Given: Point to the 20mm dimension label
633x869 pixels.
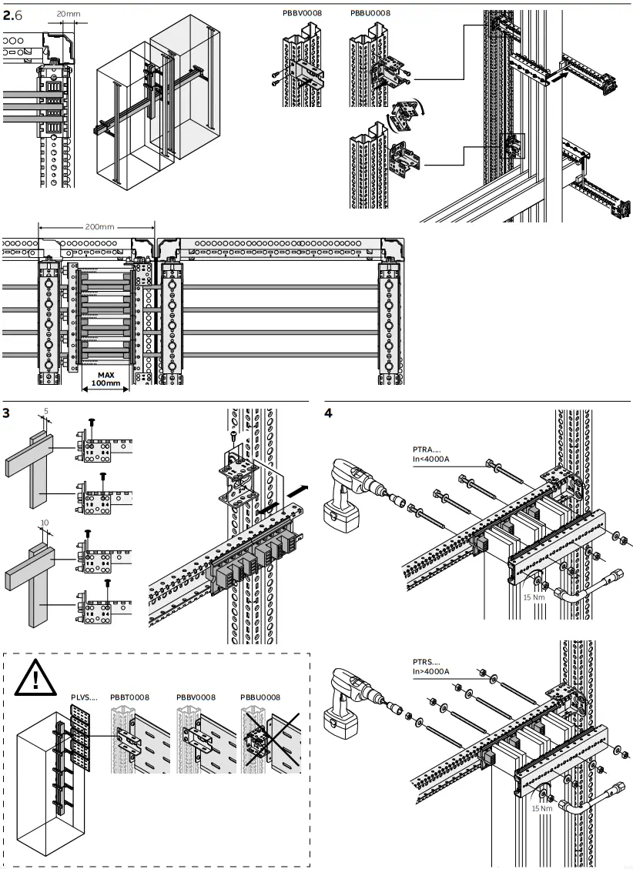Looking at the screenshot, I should (69, 14).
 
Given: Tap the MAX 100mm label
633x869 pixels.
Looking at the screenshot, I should (105, 379).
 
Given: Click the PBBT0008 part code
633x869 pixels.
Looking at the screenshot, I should (129, 697).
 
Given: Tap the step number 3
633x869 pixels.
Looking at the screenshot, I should (6, 413).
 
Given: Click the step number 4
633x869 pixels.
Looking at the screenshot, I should (329, 413).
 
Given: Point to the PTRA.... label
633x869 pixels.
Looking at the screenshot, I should (425, 451).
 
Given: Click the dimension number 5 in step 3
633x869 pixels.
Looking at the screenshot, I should (45, 411).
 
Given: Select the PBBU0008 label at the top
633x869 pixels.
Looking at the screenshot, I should (370, 13).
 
